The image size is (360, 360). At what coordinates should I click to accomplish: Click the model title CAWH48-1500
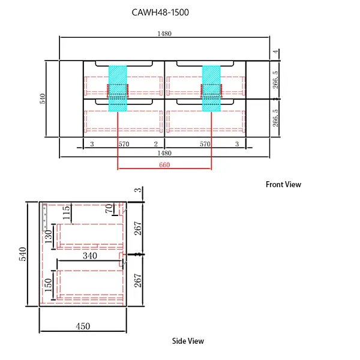point(160,12)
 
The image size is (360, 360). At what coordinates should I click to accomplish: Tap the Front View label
point(283,184)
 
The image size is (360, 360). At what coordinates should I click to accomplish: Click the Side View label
point(188,341)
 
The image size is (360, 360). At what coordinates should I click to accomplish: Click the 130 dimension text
point(49,235)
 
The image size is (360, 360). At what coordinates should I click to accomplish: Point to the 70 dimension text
point(109,209)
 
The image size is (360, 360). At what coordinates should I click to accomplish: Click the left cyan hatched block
point(118,88)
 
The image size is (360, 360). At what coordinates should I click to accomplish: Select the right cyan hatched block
point(211,88)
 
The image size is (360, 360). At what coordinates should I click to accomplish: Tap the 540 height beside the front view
point(43,98)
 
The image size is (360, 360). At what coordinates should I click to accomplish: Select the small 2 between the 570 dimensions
point(155,144)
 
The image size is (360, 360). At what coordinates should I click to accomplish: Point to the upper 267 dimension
point(138,228)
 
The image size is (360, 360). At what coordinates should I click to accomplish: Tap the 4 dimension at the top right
point(276,52)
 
